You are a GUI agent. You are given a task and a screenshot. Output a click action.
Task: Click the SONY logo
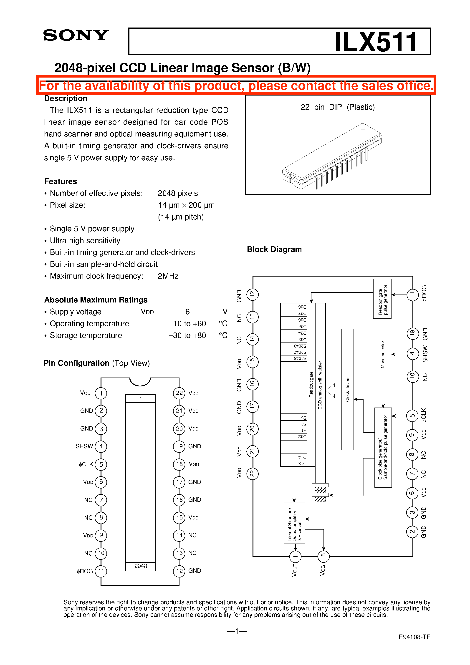pyautogui.click(x=76, y=35)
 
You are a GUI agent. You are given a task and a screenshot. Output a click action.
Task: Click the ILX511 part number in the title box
pyautogui.click(x=376, y=42)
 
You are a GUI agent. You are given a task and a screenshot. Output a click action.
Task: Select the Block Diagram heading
pyautogui.click(x=274, y=249)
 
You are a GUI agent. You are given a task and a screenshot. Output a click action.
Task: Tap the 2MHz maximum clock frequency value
pyautogui.click(x=168, y=276)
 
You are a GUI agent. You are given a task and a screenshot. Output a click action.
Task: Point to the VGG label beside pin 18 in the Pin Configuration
pyautogui.click(x=194, y=464)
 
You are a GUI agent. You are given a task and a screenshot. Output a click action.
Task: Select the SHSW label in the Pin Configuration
pyautogui.click(x=84, y=446)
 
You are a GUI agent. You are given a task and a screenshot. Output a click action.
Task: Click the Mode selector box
pyautogui.click(x=382, y=355)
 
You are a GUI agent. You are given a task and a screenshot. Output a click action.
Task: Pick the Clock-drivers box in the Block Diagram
pyautogui.click(x=347, y=389)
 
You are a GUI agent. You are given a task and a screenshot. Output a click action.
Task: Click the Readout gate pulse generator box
pyautogui.click(x=382, y=299)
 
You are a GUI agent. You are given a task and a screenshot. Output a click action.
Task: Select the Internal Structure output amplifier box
pyautogui.click(x=294, y=523)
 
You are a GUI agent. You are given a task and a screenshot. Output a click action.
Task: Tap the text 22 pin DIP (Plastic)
pyautogui.click(x=338, y=107)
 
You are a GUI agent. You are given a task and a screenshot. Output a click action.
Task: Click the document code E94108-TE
pyautogui.click(x=414, y=637)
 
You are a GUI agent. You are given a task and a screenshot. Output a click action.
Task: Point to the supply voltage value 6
pyautogui.click(x=187, y=312)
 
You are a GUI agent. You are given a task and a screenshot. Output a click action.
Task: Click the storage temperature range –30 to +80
pyautogui.click(x=187, y=335)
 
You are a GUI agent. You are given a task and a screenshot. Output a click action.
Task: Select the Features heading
pyautogui.click(x=61, y=181)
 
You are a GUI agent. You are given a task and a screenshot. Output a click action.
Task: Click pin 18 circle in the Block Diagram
pyautogui.click(x=323, y=556)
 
